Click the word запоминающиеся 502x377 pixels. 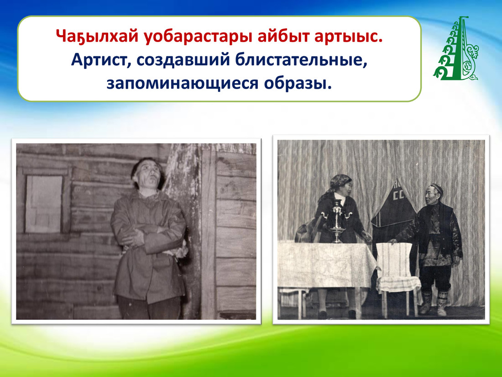(x=183, y=83)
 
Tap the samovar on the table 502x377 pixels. (x=336, y=221)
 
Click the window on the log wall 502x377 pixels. (x=44, y=203)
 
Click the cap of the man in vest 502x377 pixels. (x=437, y=188)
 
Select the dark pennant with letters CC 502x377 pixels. (x=394, y=202)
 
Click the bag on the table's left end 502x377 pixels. (x=306, y=233)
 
